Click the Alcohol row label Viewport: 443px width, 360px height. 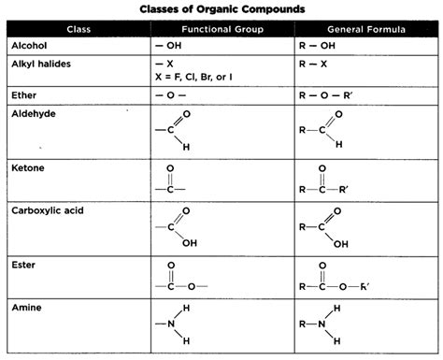pos(30,46)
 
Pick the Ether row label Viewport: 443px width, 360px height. pos(24,94)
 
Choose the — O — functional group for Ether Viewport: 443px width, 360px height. pos(169,94)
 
